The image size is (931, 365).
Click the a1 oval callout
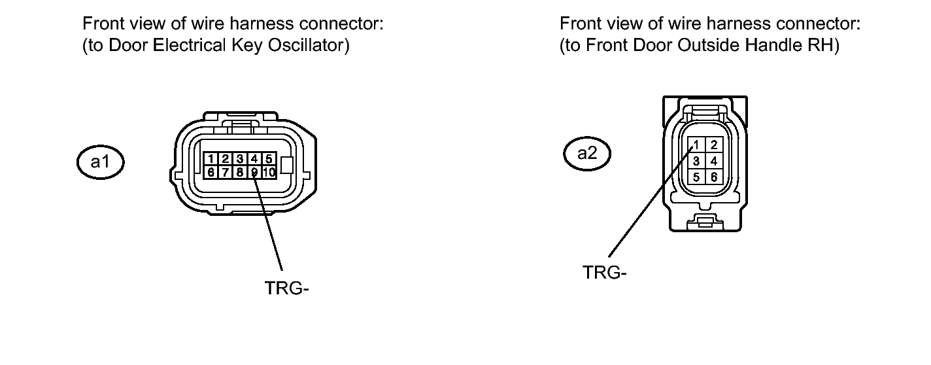tap(99, 162)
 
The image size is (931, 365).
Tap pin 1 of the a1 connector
tap(211, 159)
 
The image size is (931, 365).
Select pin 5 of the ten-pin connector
tap(269, 159)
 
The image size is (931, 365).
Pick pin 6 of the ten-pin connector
tap(211, 172)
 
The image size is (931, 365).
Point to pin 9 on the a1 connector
tap(254, 172)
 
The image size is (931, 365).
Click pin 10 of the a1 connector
tap(269, 172)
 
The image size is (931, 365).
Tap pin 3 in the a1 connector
tap(240, 159)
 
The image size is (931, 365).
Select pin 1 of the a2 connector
tap(698, 145)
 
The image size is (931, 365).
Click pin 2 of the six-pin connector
tap(714, 145)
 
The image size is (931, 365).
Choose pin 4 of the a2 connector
tap(714, 161)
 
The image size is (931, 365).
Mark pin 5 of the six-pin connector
tap(698, 177)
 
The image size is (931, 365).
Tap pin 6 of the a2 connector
tap(714, 177)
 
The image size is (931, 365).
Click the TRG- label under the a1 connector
tap(286, 288)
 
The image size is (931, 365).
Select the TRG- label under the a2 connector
tap(605, 273)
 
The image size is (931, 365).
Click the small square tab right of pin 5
tap(286, 165)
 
